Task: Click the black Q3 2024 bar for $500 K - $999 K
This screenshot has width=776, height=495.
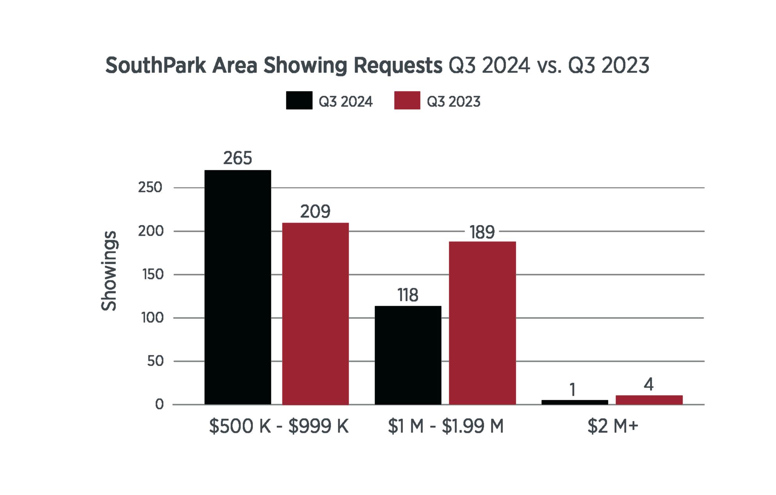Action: pos(237,287)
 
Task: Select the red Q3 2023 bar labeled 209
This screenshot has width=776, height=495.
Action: pos(315,313)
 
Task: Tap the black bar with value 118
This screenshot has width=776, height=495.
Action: pos(408,355)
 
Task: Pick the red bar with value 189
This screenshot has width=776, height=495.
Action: pos(482,323)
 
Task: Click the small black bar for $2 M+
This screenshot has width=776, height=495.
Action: pos(574,402)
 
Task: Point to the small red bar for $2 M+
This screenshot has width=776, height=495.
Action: pos(649,400)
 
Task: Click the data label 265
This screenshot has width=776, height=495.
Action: pos(237,158)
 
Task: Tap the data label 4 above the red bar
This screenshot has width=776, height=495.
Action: pos(648,385)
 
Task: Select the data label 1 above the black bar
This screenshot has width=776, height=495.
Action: pos(573,390)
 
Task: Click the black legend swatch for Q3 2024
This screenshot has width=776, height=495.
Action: pos(299,100)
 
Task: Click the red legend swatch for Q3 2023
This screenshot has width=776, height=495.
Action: pos(407,100)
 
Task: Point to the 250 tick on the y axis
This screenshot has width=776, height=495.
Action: pos(150,188)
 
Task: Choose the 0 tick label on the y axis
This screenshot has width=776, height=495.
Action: pos(159,404)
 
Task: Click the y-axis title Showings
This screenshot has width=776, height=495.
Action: pos(109,271)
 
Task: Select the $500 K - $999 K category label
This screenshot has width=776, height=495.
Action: pos(278,426)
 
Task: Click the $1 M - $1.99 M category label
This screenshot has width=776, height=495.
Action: pos(446,426)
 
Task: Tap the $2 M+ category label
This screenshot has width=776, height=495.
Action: pos(612,426)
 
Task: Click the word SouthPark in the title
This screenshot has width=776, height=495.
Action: pos(155,66)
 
